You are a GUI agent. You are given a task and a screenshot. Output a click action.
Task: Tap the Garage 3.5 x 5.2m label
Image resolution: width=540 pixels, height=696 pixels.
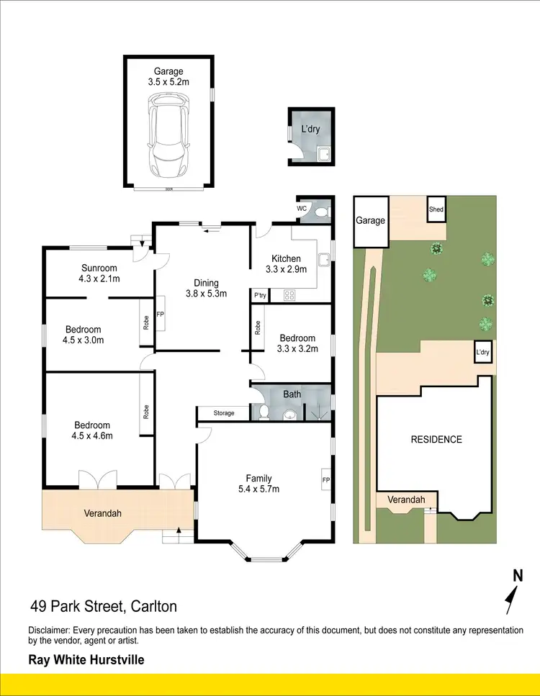(x=171, y=76)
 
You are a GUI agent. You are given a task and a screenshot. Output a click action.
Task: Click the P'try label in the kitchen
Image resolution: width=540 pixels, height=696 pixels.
(x=259, y=295)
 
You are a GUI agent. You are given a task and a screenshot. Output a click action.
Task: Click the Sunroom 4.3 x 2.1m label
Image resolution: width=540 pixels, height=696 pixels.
(x=99, y=274)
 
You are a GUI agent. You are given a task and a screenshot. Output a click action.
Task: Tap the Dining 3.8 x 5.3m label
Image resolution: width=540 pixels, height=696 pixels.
(x=202, y=288)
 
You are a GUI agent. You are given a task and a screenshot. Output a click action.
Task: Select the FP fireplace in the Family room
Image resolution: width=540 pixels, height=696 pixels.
(x=325, y=480)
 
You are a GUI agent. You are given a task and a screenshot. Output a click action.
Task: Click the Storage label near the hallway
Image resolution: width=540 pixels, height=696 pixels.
(x=224, y=413)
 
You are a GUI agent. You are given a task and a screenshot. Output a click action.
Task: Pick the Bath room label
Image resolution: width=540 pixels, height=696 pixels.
(x=292, y=394)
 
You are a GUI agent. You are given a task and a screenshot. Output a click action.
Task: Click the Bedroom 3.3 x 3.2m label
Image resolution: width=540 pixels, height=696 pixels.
(x=297, y=343)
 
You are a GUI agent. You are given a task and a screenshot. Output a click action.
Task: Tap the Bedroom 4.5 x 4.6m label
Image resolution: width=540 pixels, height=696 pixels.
(x=92, y=430)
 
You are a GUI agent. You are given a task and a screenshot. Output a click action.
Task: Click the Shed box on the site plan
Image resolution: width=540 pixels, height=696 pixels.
(x=436, y=209)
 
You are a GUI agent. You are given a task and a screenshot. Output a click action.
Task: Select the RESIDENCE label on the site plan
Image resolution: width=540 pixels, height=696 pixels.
(x=436, y=439)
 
